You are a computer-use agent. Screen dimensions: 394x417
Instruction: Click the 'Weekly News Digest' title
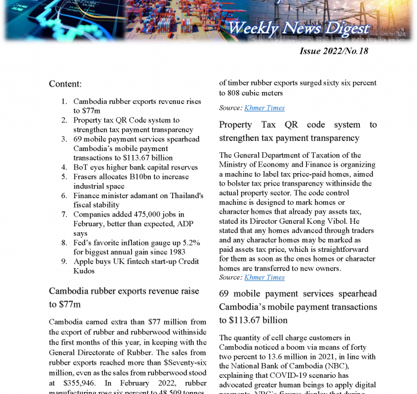point(298,28)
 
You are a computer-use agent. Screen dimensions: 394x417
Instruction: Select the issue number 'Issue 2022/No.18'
point(334,51)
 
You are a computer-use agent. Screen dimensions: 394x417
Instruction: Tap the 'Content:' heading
point(65,84)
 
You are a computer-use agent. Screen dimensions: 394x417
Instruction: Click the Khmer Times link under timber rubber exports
point(264,108)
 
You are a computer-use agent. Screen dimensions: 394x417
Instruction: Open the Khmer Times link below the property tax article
point(264,278)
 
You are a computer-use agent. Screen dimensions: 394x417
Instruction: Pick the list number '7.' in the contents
point(64,214)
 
